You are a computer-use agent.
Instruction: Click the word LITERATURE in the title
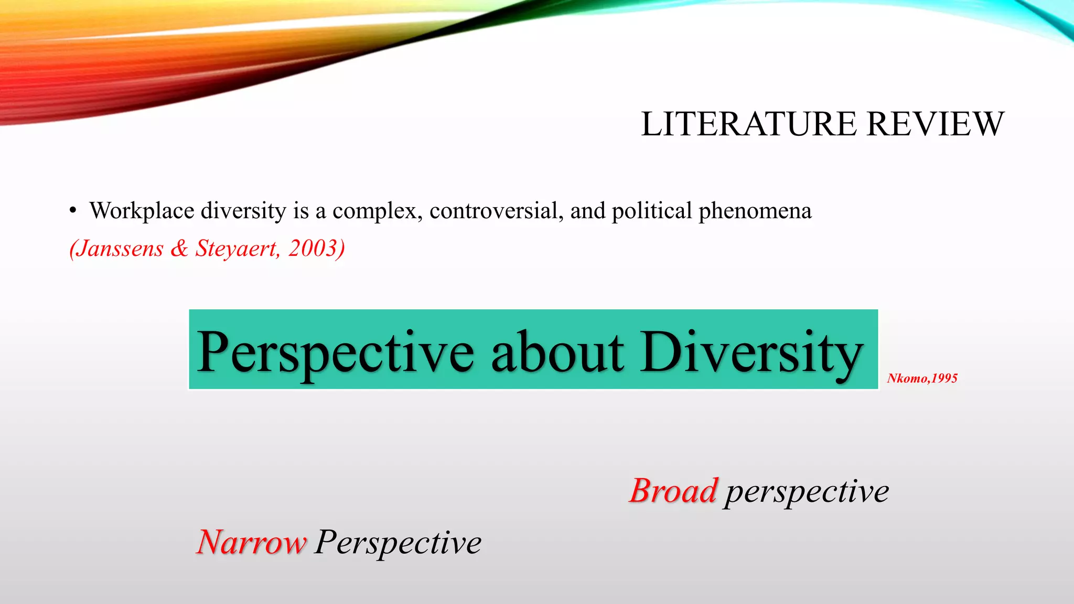click(x=749, y=124)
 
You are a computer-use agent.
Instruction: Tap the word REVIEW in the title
click(x=935, y=124)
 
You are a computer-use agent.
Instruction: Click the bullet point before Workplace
click(x=73, y=211)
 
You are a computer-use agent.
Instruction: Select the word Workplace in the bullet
click(x=142, y=211)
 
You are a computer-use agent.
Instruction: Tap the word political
click(x=652, y=211)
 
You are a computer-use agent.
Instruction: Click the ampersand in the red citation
click(x=179, y=249)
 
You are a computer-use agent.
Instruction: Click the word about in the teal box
click(x=557, y=352)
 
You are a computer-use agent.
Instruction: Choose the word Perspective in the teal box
click(x=336, y=352)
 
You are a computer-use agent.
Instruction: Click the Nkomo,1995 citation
click(x=922, y=379)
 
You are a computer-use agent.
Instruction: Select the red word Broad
click(x=673, y=491)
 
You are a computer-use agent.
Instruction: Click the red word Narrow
click(x=251, y=542)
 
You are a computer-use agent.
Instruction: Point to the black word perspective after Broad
click(x=807, y=492)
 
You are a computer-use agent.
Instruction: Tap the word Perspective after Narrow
click(x=398, y=542)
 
